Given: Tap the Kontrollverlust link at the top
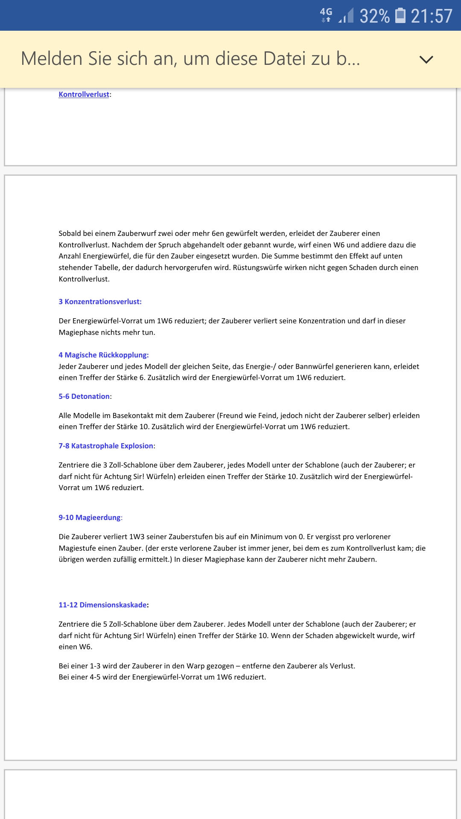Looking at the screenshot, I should (x=84, y=94).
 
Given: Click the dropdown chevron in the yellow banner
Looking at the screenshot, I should (x=426, y=59).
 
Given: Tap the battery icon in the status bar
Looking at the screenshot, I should (x=400, y=15).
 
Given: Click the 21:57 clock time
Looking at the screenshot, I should (x=431, y=16).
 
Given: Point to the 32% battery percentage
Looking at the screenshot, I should (x=374, y=16).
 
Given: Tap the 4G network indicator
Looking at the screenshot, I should (x=326, y=15).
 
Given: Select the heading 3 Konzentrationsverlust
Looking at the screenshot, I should (x=100, y=302).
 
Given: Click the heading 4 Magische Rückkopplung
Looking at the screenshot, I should (x=103, y=355).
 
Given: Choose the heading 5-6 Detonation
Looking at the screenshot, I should (x=84, y=396).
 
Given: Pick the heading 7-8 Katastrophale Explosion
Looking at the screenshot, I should (x=106, y=446).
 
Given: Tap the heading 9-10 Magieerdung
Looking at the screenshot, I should (x=90, y=517).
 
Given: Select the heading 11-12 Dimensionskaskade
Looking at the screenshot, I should (x=102, y=605).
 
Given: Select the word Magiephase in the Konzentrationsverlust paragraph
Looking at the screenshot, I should (x=78, y=332).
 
